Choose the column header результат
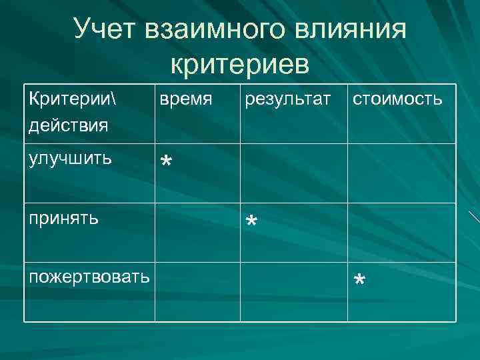(287, 100)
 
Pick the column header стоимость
(398, 100)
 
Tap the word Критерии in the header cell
(64, 99)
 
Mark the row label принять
(65, 217)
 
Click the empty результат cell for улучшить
(293, 173)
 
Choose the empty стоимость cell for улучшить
(401, 173)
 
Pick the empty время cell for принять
(197, 231)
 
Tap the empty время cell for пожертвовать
(197, 292)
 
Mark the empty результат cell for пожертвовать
(293, 292)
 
